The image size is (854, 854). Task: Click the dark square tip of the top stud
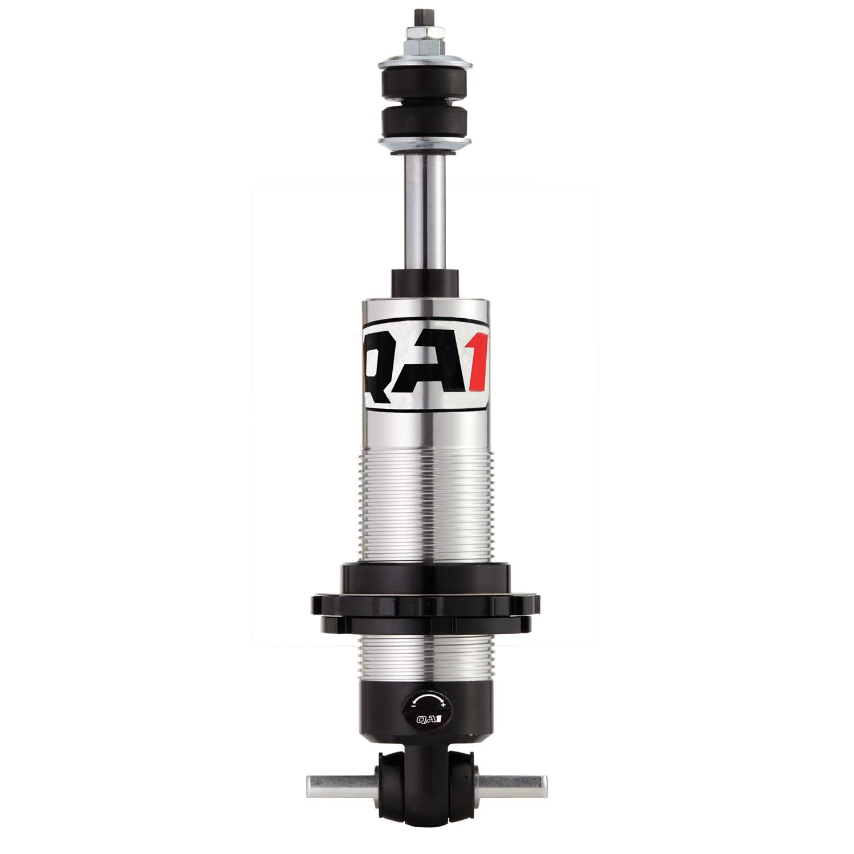coord(426,13)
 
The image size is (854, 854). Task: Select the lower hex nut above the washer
coord(426,44)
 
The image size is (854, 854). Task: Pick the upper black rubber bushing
coord(426,85)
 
